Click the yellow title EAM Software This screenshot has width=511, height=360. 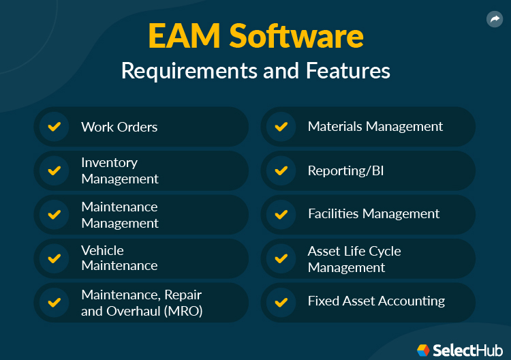tap(255, 37)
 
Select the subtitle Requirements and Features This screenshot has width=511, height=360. tap(255, 71)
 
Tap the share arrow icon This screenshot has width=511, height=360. tap(495, 20)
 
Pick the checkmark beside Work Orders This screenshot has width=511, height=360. tap(54, 127)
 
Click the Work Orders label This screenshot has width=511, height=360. tap(119, 127)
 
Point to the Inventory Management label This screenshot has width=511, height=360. tap(119, 170)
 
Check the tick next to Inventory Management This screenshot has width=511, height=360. tap(54, 170)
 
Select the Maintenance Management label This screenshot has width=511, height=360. tap(119, 215)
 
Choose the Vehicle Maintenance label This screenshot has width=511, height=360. tap(119, 258)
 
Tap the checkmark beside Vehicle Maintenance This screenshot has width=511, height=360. tap(54, 258)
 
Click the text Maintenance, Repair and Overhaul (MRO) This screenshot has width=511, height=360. tap(142, 303)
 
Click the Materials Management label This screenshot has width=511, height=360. tap(375, 127)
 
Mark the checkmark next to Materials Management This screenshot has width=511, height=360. tap(280, 127)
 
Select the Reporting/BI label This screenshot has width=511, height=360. tap(345, 170)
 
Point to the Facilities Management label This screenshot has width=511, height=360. tap(373, 214)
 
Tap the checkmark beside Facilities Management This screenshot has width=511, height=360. tap(280, 214)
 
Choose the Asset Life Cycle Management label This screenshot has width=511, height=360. tap(354, 259)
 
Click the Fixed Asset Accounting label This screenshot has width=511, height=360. tap(376, 301)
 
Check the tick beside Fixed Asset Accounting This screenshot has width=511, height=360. tap(280, 301)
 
